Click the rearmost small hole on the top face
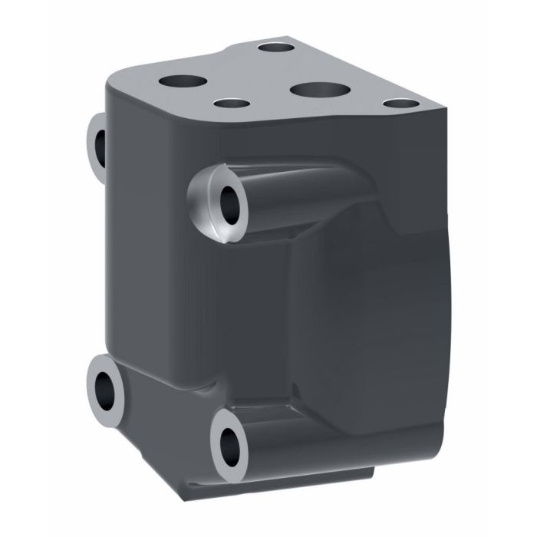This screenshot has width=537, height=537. click(x=272, y=48)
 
